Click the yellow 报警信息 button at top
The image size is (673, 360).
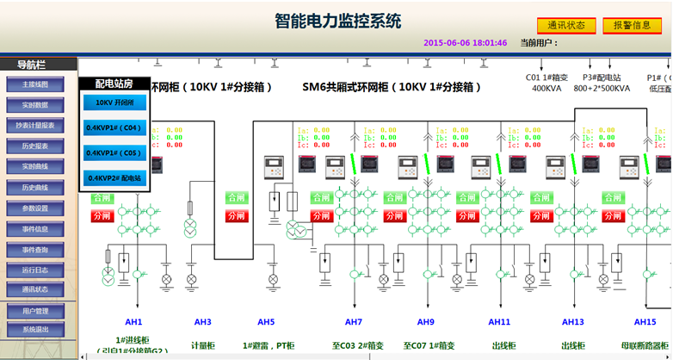632,26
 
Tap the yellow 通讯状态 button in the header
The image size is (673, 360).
565,26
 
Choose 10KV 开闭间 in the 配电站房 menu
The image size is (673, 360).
114,102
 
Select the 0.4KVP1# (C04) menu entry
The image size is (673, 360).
114,128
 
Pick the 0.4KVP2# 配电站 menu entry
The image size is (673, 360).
114,178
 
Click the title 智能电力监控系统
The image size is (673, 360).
337,21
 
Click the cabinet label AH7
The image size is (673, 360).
353,322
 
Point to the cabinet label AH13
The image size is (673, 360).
573,322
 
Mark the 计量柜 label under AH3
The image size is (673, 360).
202,345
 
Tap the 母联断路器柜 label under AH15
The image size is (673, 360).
645,345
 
